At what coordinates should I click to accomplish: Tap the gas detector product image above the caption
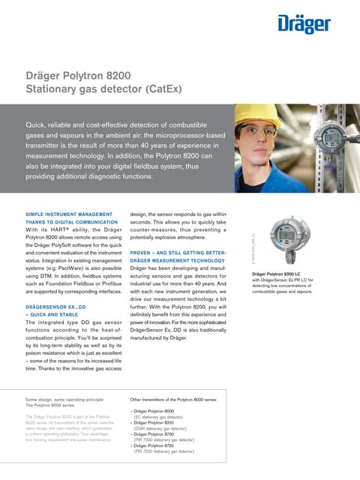(289, 239)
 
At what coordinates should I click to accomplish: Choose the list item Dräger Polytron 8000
(154, 412)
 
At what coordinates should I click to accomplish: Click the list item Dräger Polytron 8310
(154, 422)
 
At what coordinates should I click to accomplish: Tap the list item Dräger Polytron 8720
(154, 445)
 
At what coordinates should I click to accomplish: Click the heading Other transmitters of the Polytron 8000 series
(175, 400)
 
